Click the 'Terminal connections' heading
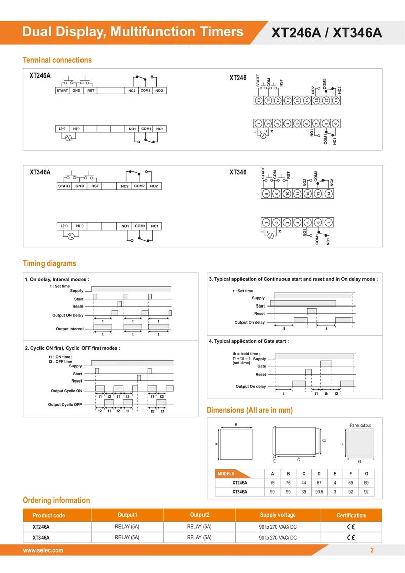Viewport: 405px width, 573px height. (57, 60)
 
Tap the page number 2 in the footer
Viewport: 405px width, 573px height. (372, 550)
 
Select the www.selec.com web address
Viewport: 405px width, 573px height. (43, 550)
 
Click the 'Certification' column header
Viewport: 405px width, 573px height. (351, 515)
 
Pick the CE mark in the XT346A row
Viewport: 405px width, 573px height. (351, 537)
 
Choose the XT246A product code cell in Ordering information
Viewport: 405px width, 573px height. (41, 527)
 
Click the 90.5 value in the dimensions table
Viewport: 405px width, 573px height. (319, 492)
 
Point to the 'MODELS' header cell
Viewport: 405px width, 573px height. (226, 474)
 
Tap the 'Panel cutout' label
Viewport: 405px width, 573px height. (360, 425)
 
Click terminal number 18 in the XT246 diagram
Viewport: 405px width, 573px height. (336, 100)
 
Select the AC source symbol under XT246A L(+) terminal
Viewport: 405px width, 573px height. (68, 138)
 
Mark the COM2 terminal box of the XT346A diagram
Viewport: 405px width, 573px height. (139, 186)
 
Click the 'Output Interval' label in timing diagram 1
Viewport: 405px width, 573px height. (69, 329)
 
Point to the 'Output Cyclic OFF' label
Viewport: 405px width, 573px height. (65, 404)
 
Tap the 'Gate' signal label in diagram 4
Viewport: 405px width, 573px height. (262, 366)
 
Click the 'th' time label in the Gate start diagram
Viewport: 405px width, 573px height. (326, 394)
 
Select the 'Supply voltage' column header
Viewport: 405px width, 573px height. (277, 515)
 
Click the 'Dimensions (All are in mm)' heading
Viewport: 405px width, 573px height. (250, 410)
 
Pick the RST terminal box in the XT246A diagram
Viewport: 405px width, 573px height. (91, 91)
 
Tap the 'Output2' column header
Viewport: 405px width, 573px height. (199, 515)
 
